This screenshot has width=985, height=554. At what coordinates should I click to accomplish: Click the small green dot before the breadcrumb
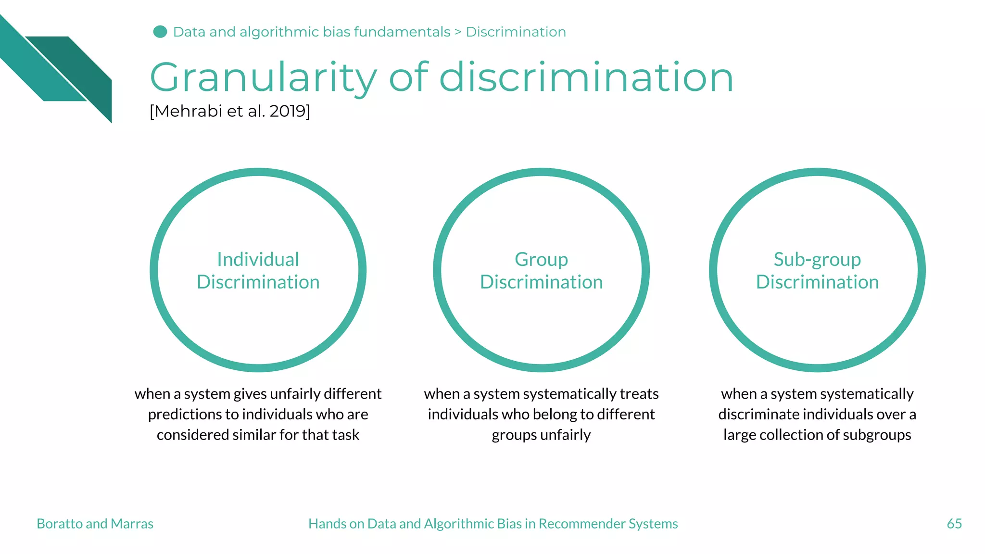coord(160,32)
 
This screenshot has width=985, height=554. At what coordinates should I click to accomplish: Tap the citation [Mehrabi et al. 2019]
coord(230,111)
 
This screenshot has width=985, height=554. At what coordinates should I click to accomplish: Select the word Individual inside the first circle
coord(258,260)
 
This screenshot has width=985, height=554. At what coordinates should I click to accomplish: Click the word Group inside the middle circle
coord(541,260)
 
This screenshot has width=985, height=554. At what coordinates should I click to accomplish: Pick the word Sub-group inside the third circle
coord(817,260)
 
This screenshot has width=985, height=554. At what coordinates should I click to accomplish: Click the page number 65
coord(954,523)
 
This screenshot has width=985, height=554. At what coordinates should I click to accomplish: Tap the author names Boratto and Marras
coord(95,523)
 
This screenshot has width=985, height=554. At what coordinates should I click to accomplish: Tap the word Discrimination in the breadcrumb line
coord(516,32)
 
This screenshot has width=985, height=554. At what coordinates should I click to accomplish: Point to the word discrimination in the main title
coord(586,78)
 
